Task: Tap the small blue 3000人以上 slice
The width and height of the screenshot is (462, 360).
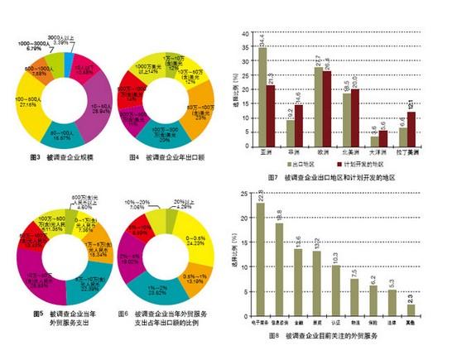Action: [70, 51]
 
